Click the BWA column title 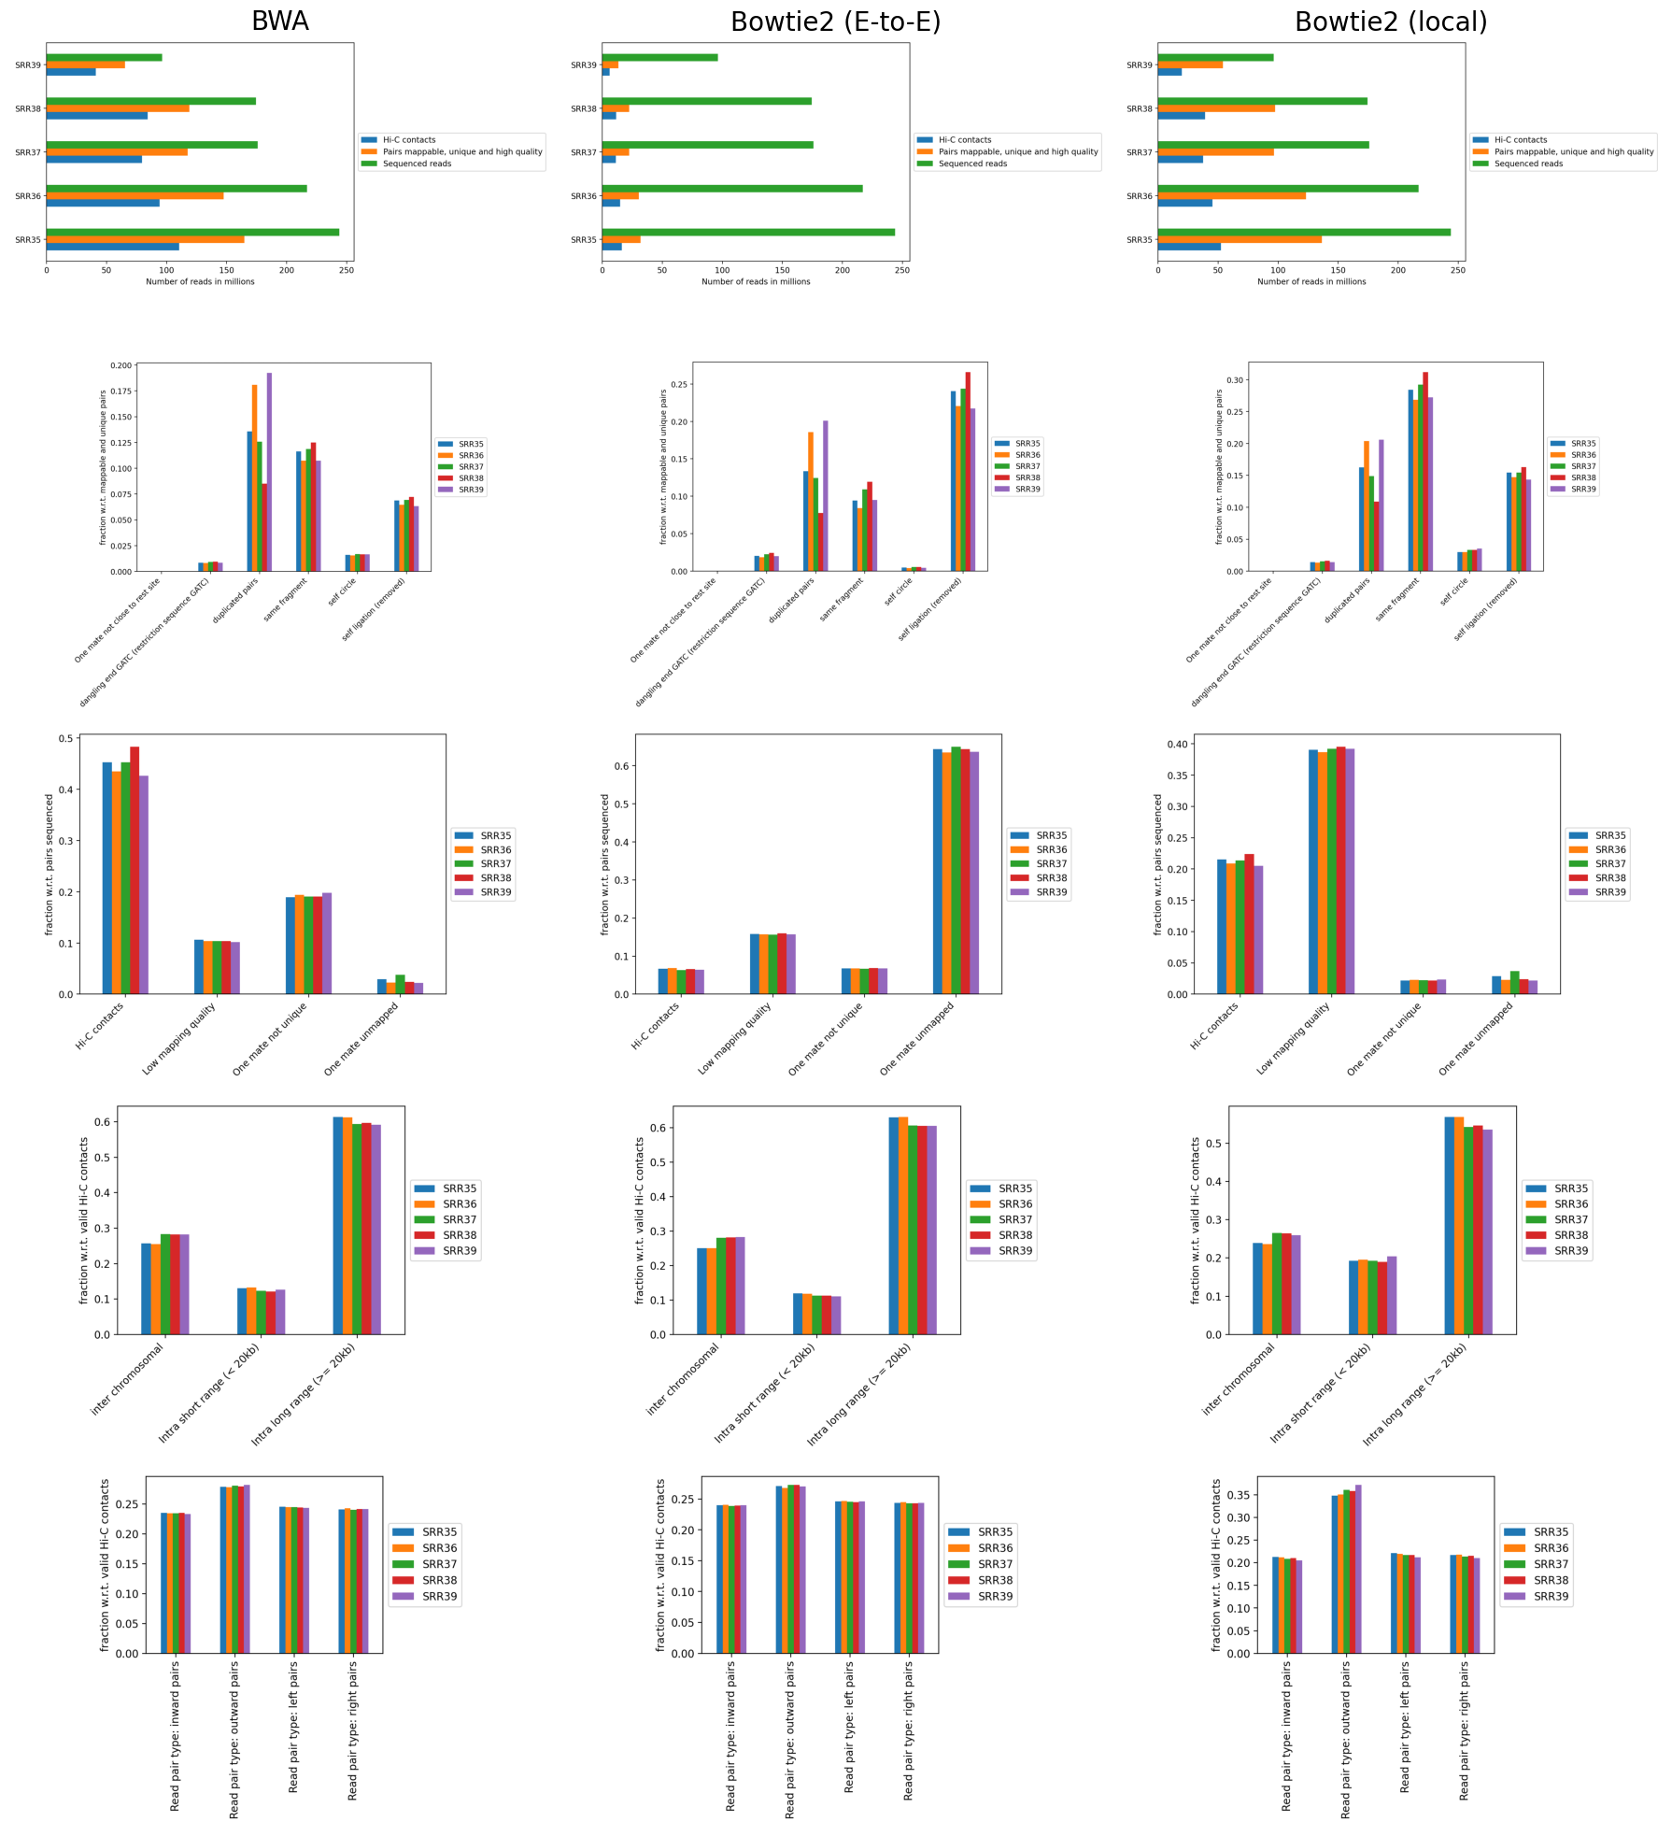pyautogui.click(x=279, y=21)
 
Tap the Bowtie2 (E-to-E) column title pyautogui.click(x=835, y=21)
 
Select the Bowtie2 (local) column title pyautogui.click(x=1390, y=21)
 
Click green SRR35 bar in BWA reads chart pyautogui.click(x=192, y=232)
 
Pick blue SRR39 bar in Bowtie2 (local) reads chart pyautogui.click(x=1169, y=72)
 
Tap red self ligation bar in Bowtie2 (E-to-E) pyautogui.click(x=968, y=471)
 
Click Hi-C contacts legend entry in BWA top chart pyautogui.click(x=408, y=140)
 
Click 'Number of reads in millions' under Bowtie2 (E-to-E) pyautogui.click(x=756, y=281)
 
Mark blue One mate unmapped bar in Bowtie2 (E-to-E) pyautogui.click(x=937, y=871)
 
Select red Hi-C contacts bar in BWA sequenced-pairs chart pyautogui.click(x=135, y=869)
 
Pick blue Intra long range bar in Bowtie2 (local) pyautogui.click(x=1450, y=1225)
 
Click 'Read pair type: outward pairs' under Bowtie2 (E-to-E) pyautogui.click(x=790, y=1739)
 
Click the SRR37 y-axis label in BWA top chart pyautogui.click(x=28, y=152)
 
